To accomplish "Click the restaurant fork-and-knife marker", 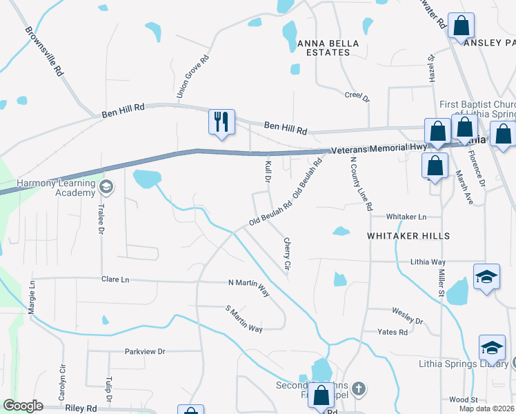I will coord(221,122).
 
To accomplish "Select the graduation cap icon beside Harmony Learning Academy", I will coord(106,187).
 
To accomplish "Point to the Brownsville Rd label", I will coord(44,52).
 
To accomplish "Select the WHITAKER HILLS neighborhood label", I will coord(408,236).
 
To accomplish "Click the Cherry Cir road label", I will coord(287,254).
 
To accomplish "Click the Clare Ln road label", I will coord(115,279).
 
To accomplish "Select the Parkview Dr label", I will coord(145,351).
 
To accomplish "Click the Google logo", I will coord(23,406).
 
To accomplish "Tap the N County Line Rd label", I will coord(361,183).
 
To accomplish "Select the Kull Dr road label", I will coord(268,172).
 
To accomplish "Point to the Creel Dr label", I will coord(357,97).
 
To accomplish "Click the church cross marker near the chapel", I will coord(358,389).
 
